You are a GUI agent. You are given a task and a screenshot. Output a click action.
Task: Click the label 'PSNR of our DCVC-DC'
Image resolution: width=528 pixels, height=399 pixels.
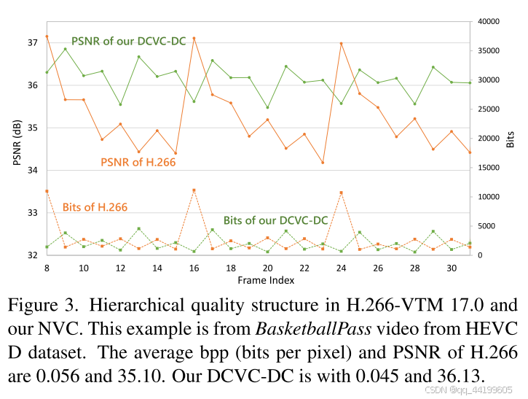point(128,41)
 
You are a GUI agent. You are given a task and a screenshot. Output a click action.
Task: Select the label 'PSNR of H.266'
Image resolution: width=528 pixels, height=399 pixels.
point(138,162)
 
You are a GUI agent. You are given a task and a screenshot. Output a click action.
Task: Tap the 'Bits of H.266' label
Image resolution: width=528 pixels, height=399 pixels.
point(95,207)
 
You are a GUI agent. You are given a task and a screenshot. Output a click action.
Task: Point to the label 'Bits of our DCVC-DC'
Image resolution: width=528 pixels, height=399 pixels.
point(275,220)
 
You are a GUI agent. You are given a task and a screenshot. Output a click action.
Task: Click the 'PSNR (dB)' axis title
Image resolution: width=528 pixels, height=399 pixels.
point(17,142)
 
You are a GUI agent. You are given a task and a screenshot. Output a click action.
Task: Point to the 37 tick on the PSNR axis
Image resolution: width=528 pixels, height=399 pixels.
point(33,43)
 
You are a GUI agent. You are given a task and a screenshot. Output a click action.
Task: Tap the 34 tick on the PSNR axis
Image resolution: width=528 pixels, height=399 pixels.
point(33,171)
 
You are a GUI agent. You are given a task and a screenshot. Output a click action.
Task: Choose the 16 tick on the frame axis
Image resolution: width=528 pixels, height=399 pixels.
point(194,268)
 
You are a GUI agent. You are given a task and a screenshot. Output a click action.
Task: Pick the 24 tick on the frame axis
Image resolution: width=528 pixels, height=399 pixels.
point(341,268)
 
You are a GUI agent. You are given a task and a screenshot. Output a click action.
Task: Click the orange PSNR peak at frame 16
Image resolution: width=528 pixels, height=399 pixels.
point(194,38)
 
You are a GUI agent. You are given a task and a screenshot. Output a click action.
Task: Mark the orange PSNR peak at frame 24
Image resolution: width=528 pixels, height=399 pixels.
point(341,44)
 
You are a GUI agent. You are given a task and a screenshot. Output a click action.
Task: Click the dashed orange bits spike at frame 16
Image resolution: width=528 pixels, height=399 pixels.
point(194,190)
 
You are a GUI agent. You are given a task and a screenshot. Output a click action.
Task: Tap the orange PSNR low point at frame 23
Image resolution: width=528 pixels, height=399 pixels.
point(323,163)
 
